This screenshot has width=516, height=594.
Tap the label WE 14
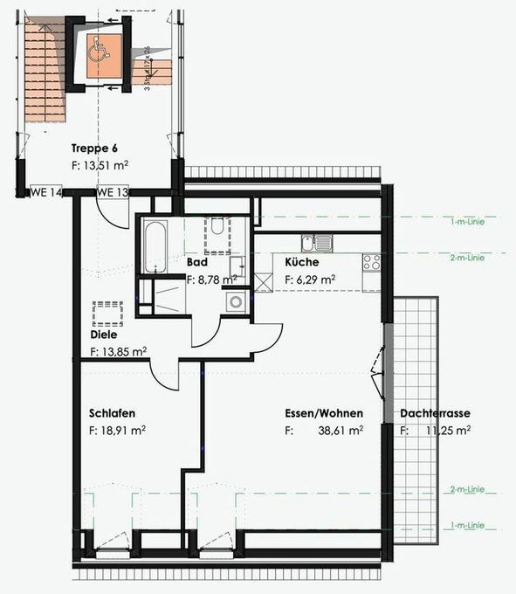[46, 192]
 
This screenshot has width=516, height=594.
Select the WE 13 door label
[113, 192]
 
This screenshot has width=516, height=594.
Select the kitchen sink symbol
[317, 243]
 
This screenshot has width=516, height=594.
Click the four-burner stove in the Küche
[372, 260]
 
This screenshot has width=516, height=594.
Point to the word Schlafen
[112, 413]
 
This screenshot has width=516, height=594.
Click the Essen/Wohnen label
[324, 413]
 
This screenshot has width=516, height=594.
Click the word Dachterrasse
[436, 413]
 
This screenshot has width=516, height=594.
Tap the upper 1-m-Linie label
[467, 221]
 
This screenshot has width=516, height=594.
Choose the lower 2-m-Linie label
[467, 490]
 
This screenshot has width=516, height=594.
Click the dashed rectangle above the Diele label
[107, 313]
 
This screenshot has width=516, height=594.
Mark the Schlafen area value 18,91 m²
[118, 430]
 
